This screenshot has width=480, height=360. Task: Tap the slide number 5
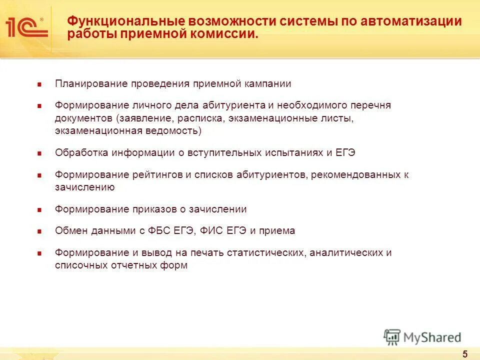465,354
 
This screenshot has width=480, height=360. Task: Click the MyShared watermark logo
422,337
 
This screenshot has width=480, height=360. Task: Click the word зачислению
85,187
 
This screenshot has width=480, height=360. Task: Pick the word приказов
148,209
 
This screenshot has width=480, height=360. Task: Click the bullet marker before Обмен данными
39,231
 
